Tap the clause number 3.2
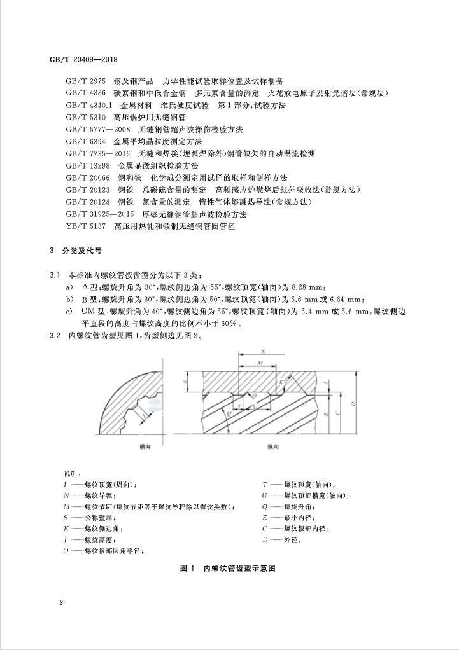[x=55, y=336]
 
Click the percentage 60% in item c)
[x=230, y=323]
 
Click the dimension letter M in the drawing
[x=260, y=363]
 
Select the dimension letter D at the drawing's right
[x=352, y=404]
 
